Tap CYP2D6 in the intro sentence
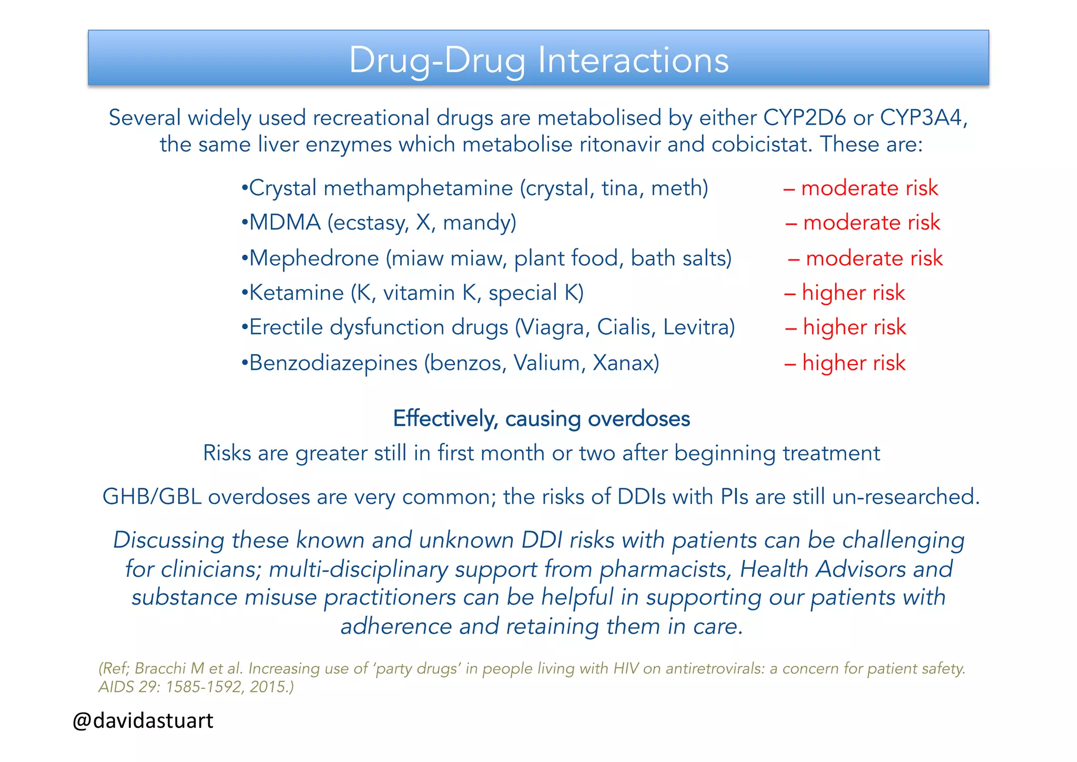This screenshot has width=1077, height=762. click(805, 117)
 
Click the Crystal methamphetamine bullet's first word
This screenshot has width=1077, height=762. click(282, 188)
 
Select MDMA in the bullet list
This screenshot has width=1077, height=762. click(285, 223)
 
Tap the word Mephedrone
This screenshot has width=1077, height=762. click(314, 258)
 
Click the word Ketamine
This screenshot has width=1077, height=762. click(296, 293)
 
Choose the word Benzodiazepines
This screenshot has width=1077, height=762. click(333, 363)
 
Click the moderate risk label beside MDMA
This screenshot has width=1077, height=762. click(871, 223)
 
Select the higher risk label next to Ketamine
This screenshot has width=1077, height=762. click(853, 293)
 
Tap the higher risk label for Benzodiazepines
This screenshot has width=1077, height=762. click(854, 363)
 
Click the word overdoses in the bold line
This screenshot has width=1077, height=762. click(638, 419)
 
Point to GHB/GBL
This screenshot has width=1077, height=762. click(151, 497)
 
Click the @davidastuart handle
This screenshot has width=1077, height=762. click(143, 720)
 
